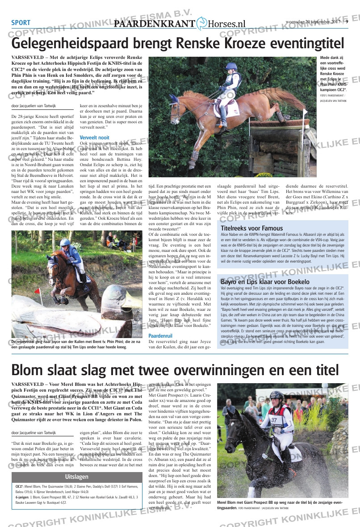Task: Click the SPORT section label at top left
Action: tap(21, 23)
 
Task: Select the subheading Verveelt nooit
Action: tap(94, 137)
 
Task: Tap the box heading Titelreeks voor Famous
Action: tap(251, 228)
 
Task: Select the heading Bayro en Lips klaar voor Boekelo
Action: tap(265, 282)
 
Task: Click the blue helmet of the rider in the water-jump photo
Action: tap(66, 243)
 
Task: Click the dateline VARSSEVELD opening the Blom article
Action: tap(29, 385)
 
